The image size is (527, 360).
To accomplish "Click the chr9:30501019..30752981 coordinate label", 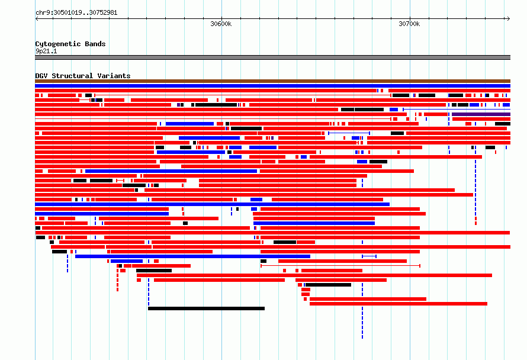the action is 76,13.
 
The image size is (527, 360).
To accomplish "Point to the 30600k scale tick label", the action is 221,24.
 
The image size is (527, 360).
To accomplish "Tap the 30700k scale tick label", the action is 409,24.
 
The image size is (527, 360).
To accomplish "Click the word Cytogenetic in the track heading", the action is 58,44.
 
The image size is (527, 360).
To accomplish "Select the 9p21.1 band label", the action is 46,51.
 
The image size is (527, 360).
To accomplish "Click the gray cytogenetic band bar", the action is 272,57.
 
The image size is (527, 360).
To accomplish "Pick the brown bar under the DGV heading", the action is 272,81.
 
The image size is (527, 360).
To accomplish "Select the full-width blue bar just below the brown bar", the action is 272,86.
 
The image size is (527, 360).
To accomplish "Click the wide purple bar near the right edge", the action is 481,114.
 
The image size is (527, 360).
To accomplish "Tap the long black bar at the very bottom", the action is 207,308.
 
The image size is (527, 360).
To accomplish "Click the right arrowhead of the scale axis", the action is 509,19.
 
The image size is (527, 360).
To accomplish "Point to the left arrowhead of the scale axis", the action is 37,19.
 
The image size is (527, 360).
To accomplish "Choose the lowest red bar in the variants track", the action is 399,304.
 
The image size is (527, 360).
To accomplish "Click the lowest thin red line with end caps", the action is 340,266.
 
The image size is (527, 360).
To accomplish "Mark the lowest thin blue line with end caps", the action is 369,256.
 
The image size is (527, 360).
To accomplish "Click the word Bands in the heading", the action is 95,44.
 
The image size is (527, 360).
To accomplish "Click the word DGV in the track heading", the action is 41,76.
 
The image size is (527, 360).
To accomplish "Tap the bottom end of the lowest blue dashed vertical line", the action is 362,338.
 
